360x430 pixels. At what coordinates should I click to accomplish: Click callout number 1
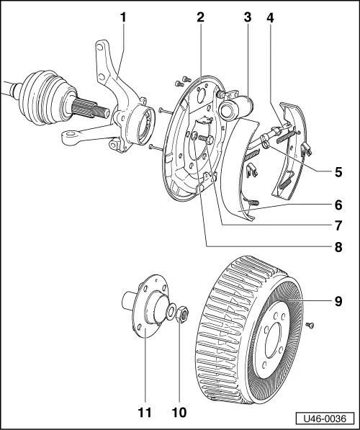[x=123, y=15]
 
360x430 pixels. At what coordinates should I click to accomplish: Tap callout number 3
[x=247, y=15]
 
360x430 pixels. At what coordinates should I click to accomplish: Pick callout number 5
[x=338, y=172]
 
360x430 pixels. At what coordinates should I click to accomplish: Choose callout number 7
[x=338, y=224]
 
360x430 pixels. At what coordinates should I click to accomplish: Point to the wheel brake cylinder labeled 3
[x=235, y=108]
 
